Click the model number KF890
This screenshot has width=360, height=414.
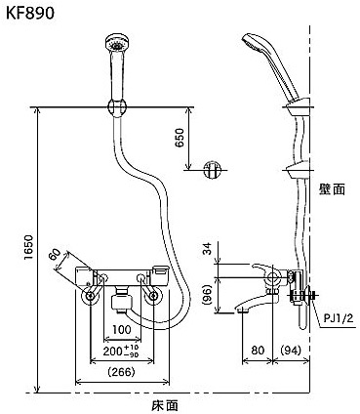click(30, 14)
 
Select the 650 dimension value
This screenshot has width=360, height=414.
click(180, 138)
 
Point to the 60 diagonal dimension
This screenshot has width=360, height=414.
click(55, 255)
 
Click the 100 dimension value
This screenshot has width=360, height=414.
click(122, 330)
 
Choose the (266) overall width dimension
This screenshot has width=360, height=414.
click(121, 372)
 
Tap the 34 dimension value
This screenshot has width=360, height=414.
click(208, 249)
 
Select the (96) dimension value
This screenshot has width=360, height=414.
click(208, 295)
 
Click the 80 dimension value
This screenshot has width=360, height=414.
click(258, 351)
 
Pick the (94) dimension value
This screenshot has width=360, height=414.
click(291, 351)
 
